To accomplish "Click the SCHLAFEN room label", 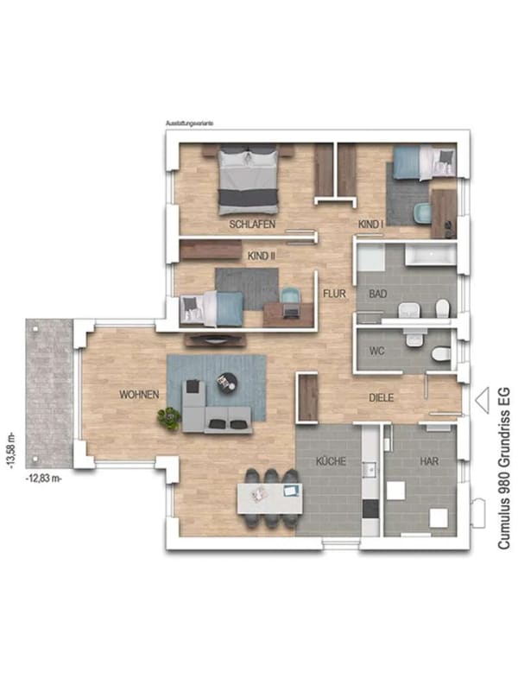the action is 252,224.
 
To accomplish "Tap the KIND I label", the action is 370,225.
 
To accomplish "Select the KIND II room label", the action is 262,256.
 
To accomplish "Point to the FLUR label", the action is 334,294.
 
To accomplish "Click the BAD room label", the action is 378,294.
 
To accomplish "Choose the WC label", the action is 376,352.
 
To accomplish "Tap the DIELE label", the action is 381,398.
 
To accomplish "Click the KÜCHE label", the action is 331,461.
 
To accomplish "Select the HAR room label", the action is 428,461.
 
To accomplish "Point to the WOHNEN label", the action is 139,395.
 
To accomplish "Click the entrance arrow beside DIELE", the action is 482,400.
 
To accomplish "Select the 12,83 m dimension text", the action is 44,479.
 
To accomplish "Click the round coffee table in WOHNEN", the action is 226,381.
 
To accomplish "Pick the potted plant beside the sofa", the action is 169,418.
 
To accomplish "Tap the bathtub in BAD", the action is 430,256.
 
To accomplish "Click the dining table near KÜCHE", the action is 270,498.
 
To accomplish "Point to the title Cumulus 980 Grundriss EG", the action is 504,468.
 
